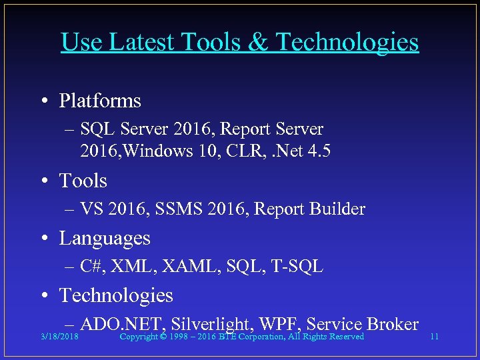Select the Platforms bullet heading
pos(100,101)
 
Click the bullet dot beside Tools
pos(43,181)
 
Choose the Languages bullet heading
pos(105,239)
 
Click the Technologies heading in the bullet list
pos(116,295)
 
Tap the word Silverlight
pos(211,325)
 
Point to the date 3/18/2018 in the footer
pos(59,337)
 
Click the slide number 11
pos(434,337)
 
